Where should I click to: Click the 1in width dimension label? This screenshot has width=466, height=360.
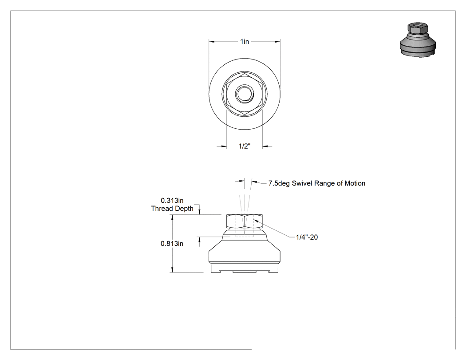[x=245, y=41]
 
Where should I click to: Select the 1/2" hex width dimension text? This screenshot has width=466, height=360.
[x=245, y=146]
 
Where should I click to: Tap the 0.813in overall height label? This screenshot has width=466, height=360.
[x=172, y=243]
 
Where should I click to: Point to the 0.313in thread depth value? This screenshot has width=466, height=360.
[x=172, y=201]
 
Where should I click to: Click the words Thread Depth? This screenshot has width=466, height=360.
[x=172, y=208]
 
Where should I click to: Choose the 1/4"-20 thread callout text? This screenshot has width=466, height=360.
[x=307, y=237]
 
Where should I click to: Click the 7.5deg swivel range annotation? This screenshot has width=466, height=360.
[x=317, y=183]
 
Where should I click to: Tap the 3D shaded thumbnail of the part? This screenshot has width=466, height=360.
[x=418, y=40]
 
